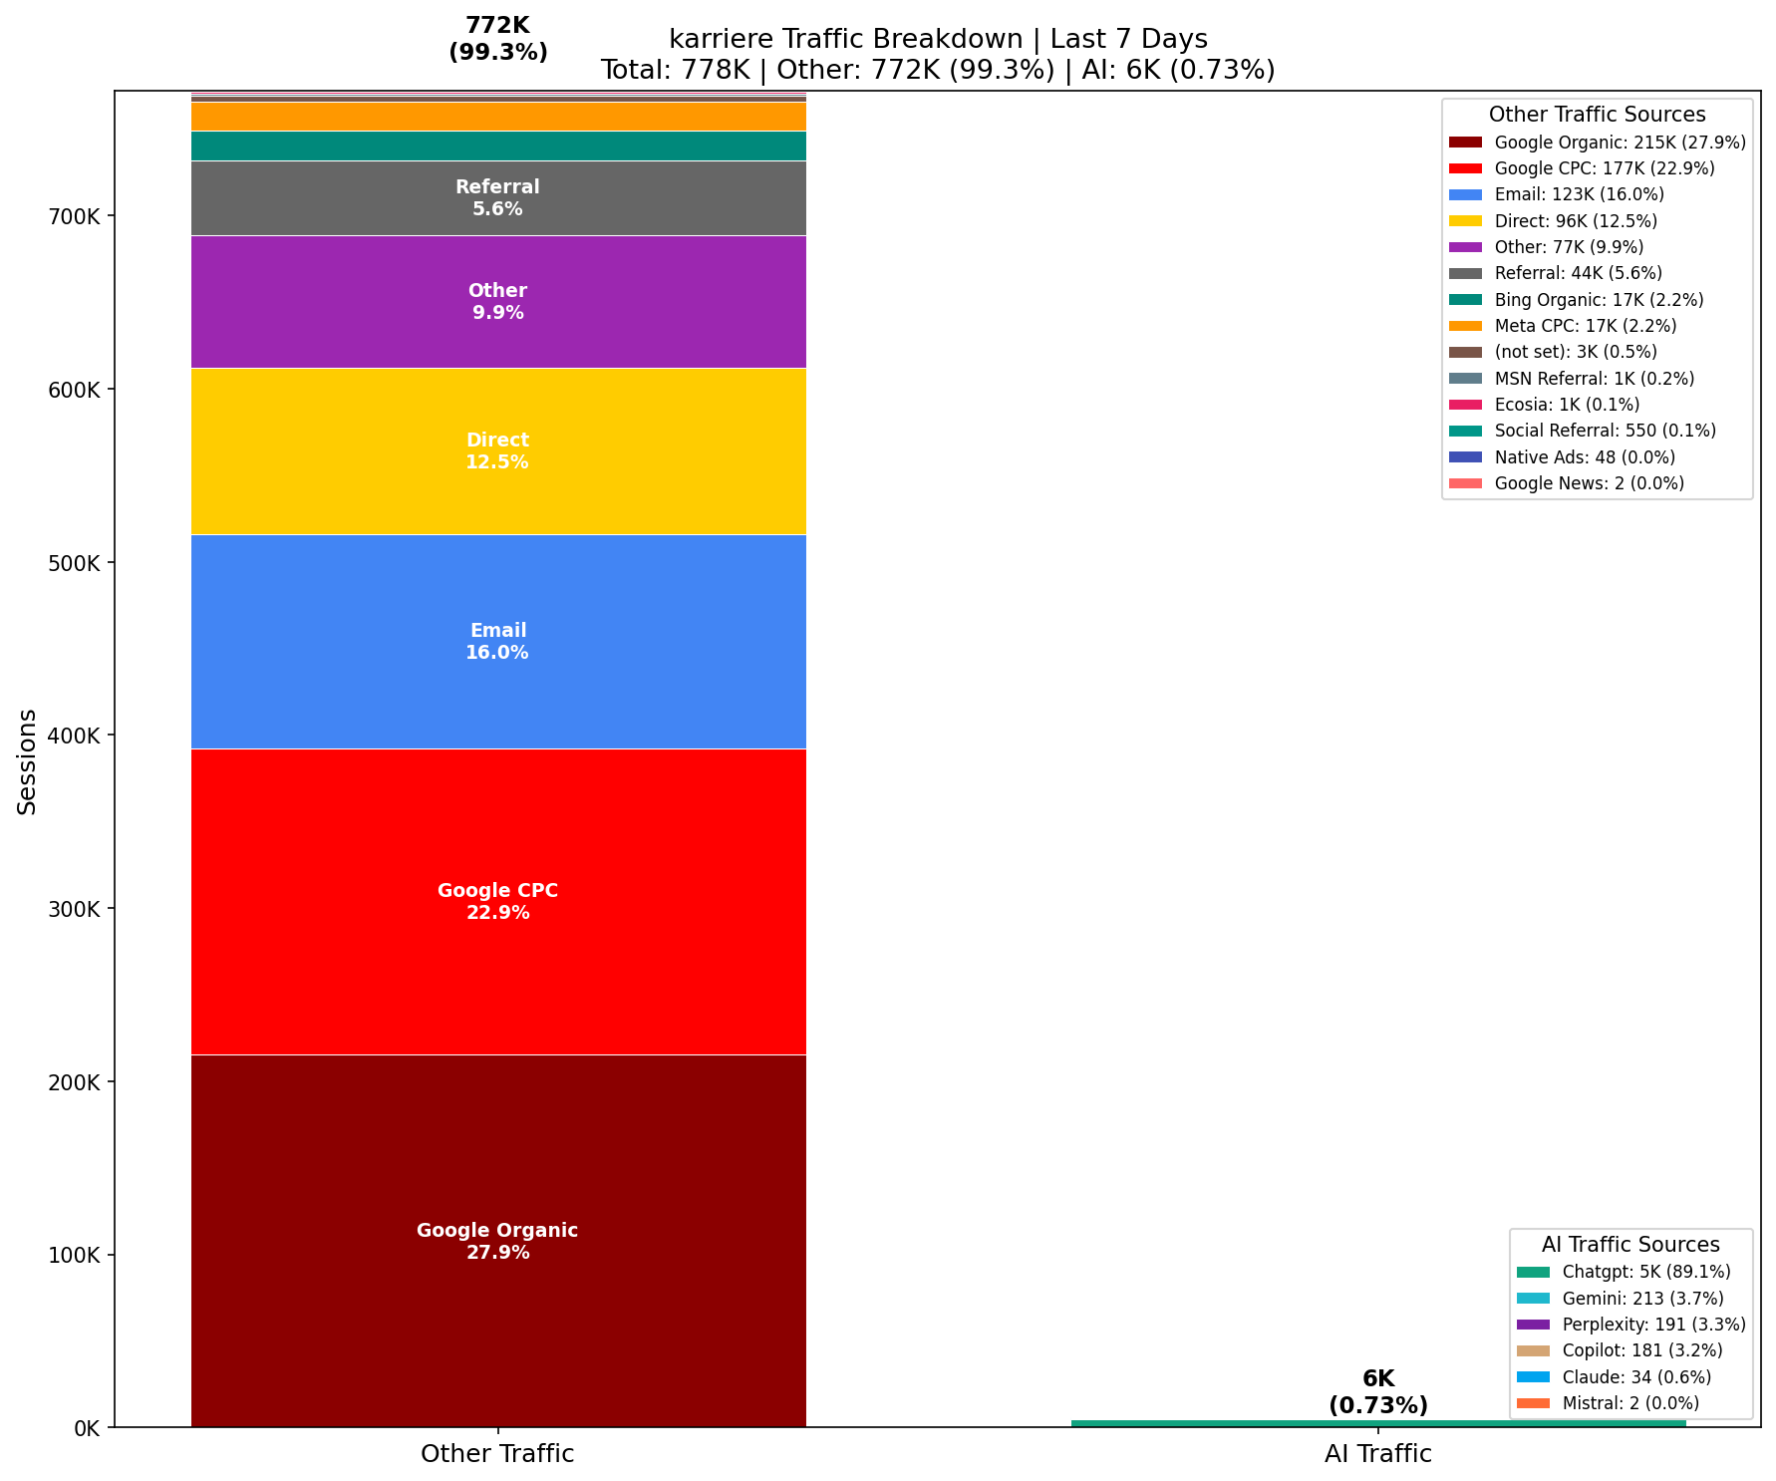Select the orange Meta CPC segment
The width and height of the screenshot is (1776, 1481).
497,117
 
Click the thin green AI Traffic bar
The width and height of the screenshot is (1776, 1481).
1378,1423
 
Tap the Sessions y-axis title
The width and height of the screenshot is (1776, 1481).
28,761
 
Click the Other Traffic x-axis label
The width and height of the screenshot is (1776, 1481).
497,1453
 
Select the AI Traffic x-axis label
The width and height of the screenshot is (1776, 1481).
1378,1453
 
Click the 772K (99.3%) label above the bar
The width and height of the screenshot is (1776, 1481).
497,40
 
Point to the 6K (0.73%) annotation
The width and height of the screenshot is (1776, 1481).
1378,1392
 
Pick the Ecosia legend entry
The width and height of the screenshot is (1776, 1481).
1567,405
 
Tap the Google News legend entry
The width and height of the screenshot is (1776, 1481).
1589,483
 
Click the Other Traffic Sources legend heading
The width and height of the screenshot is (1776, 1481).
1597,115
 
